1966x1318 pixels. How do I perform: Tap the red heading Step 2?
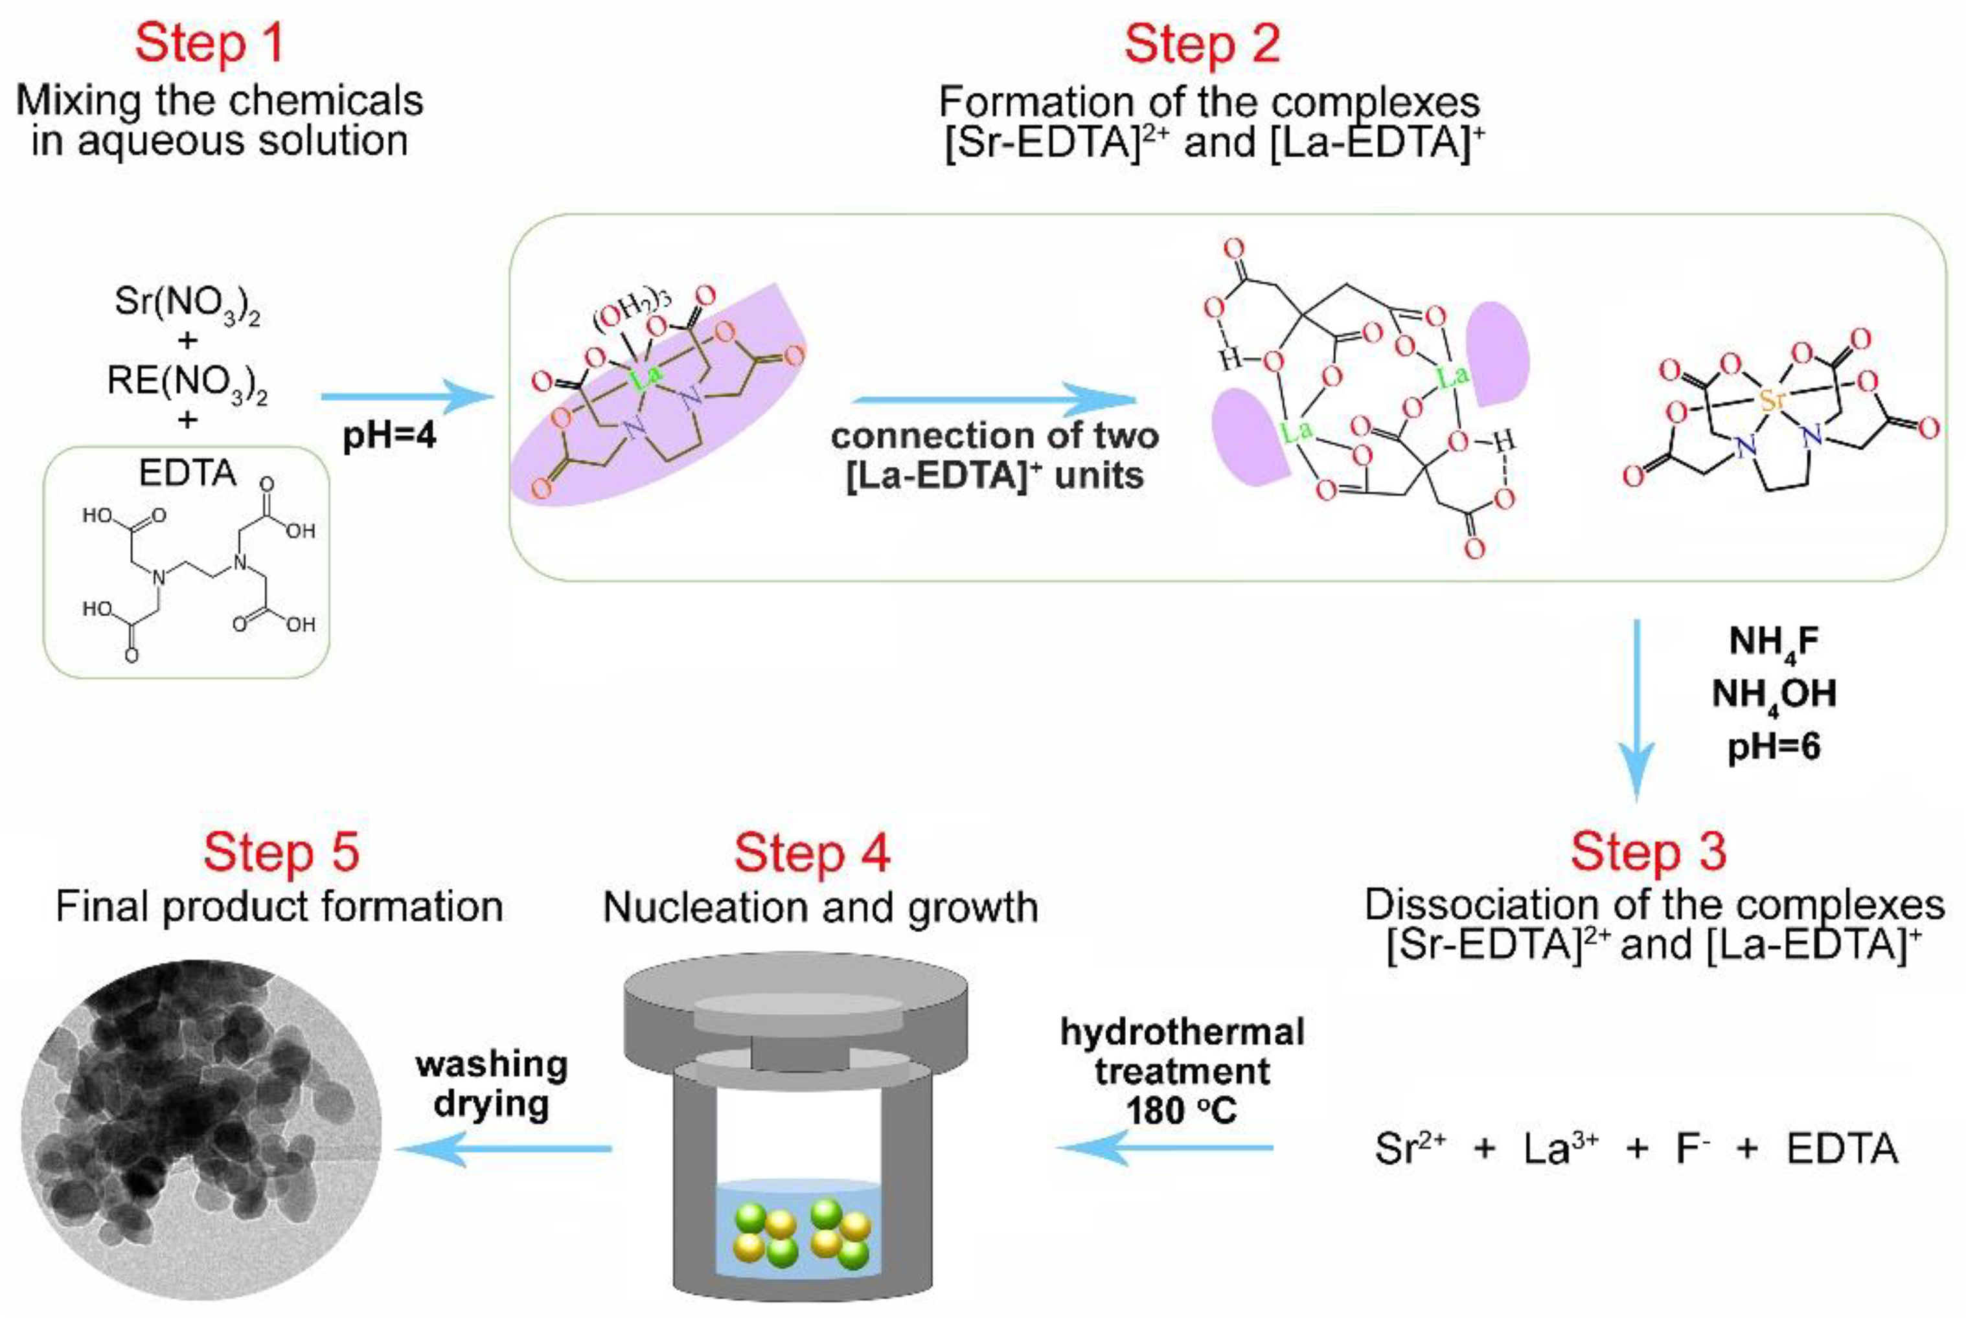click(x=1202, y=44)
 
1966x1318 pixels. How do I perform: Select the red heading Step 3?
click(x=1648, y=851)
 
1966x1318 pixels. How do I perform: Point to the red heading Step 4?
click(x=812, y=853)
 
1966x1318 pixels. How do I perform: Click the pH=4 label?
click(x=389, y=437)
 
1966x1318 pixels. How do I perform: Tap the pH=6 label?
click(x=1774, y=746)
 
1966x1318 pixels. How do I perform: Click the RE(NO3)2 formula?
click(x=187, y=383)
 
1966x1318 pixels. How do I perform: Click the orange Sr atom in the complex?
click(x=1772, y=400)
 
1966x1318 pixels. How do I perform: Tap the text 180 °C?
click(x=1182, y=1111)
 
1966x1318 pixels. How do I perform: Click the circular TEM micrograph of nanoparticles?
click(x=200, y=1139)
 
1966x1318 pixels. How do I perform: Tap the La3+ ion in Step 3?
click(x=1560, y=1149)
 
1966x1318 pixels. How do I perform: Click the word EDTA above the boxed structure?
click(x=187, y=473)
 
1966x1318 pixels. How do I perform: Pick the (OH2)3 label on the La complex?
click(x=632, y=313)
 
